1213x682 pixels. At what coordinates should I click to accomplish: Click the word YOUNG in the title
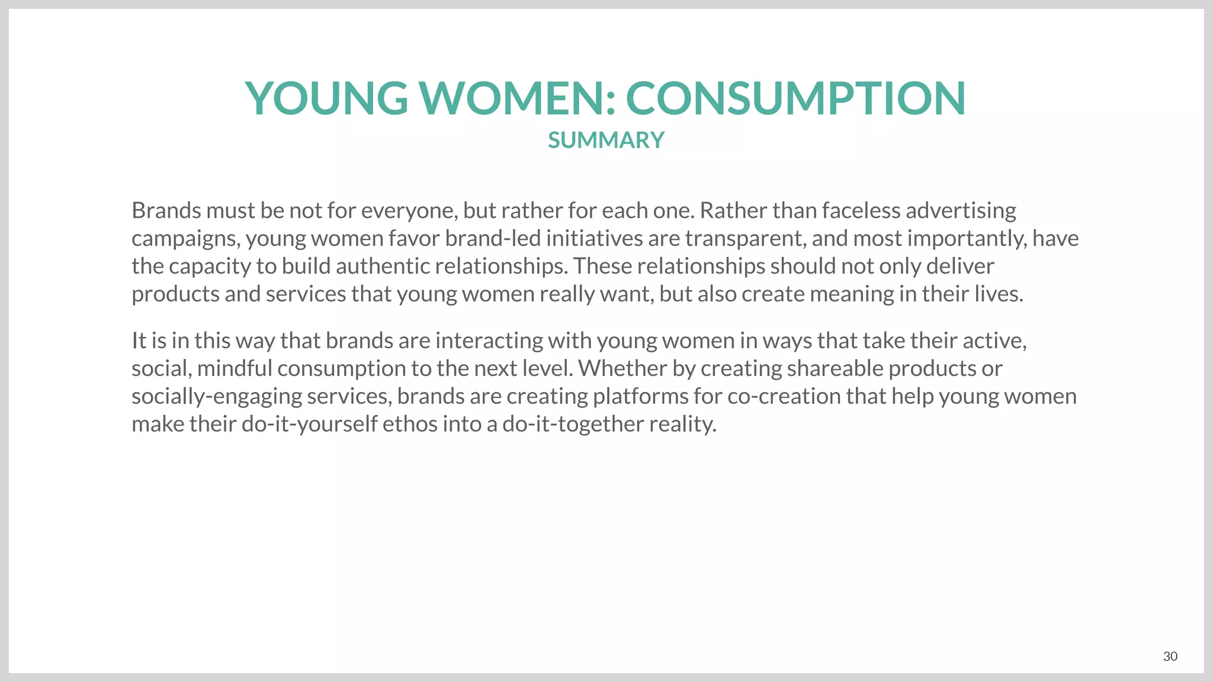pos(326,98)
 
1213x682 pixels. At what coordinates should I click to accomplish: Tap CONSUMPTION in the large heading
pos(795,98)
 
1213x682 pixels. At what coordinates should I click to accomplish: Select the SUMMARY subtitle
pos(606,140)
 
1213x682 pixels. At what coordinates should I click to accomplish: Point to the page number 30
pos(1170,656)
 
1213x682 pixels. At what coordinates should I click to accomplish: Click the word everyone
pos(409,211)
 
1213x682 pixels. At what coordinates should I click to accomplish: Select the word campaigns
pos(185,239)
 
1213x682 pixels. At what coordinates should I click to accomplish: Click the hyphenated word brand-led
pos(493,239)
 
